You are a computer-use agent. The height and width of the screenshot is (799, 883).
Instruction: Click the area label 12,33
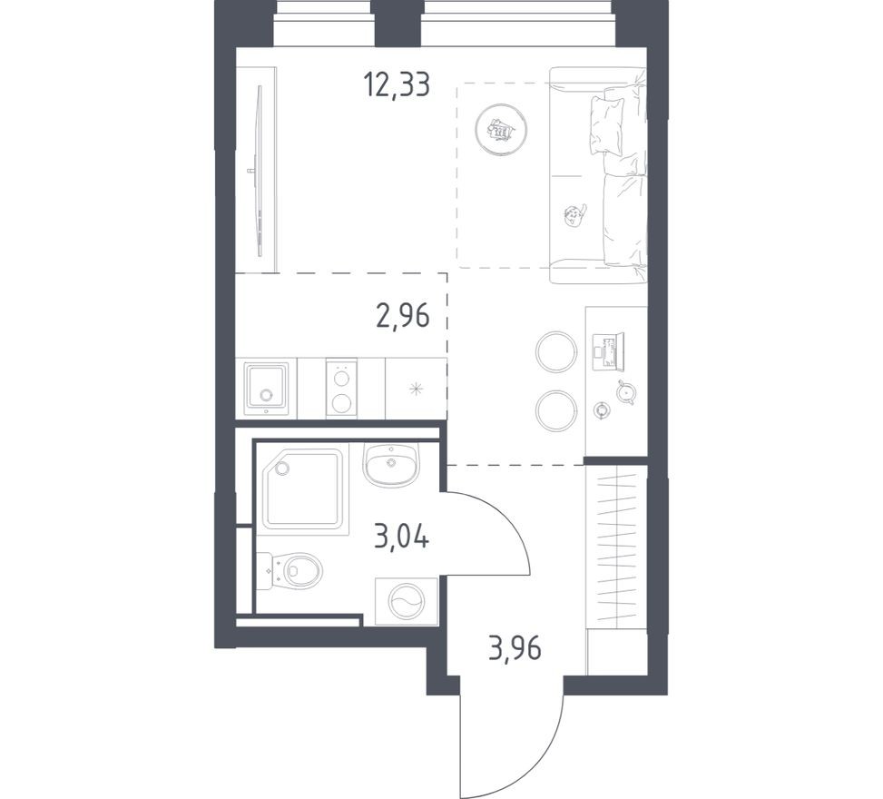396,85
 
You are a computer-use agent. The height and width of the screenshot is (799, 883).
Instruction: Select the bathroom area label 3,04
401,537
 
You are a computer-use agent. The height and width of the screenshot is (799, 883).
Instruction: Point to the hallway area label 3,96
515,649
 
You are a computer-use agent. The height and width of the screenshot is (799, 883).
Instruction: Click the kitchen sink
266,389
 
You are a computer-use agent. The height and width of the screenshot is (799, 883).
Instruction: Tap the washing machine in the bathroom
405,600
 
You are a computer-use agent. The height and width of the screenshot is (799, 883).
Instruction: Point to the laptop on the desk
608,350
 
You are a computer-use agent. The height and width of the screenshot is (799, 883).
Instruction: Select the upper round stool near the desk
555,351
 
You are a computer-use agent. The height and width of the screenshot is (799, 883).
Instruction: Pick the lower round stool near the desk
555,411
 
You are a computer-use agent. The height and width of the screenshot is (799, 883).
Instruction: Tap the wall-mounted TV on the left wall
260,178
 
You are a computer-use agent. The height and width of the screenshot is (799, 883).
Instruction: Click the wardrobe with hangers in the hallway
616,545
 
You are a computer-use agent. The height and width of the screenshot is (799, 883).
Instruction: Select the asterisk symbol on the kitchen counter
416,390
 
